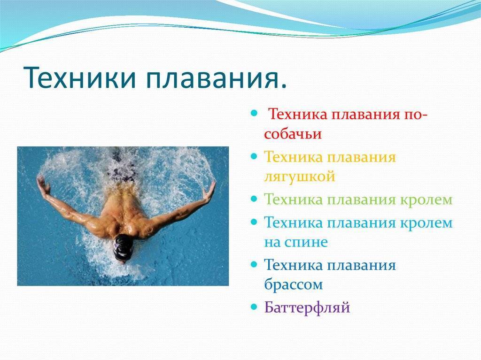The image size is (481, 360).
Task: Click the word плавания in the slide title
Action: click(x=216, y=78)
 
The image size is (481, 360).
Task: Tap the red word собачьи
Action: click(x=293, y=134)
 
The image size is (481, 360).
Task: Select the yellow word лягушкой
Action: click(x=299, y=177)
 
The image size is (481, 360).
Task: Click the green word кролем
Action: click(x=427, y=199)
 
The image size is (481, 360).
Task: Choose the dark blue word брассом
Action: click(x=293, y=284)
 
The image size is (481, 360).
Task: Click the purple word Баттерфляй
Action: click(x=307, y=307)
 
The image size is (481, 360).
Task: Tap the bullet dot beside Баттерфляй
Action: click(x=254, y=306)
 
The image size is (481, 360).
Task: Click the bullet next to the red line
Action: click(x=254, y=114)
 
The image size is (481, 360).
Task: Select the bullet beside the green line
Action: click(x=254, y=199)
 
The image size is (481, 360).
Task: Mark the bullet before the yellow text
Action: click(x=254, y=156)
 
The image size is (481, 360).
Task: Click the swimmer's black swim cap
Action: click(x=123, y=246)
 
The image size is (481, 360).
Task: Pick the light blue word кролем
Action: click(x=427, y=223)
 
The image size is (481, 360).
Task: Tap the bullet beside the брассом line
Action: click(x=254, y=264)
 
